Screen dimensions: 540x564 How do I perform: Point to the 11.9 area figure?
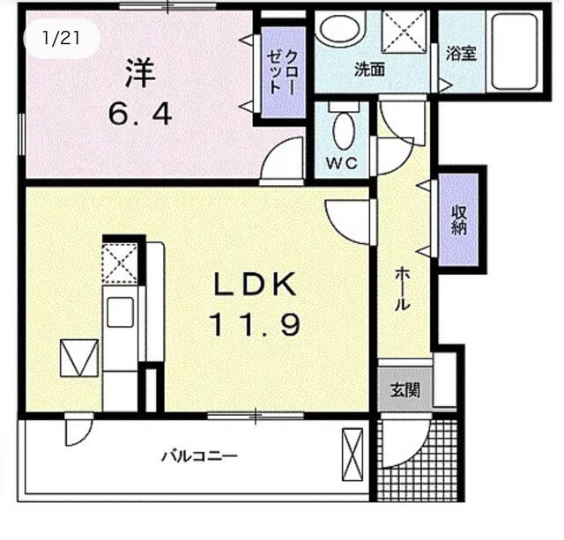(256, 324)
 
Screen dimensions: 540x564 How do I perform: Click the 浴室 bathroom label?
(461, 53)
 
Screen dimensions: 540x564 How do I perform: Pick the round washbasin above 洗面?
(342, 28)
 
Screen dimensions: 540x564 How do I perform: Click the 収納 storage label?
(459, 220)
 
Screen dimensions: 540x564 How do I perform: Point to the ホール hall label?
(401, 289)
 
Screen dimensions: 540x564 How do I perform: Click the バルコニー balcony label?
(198, 456)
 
